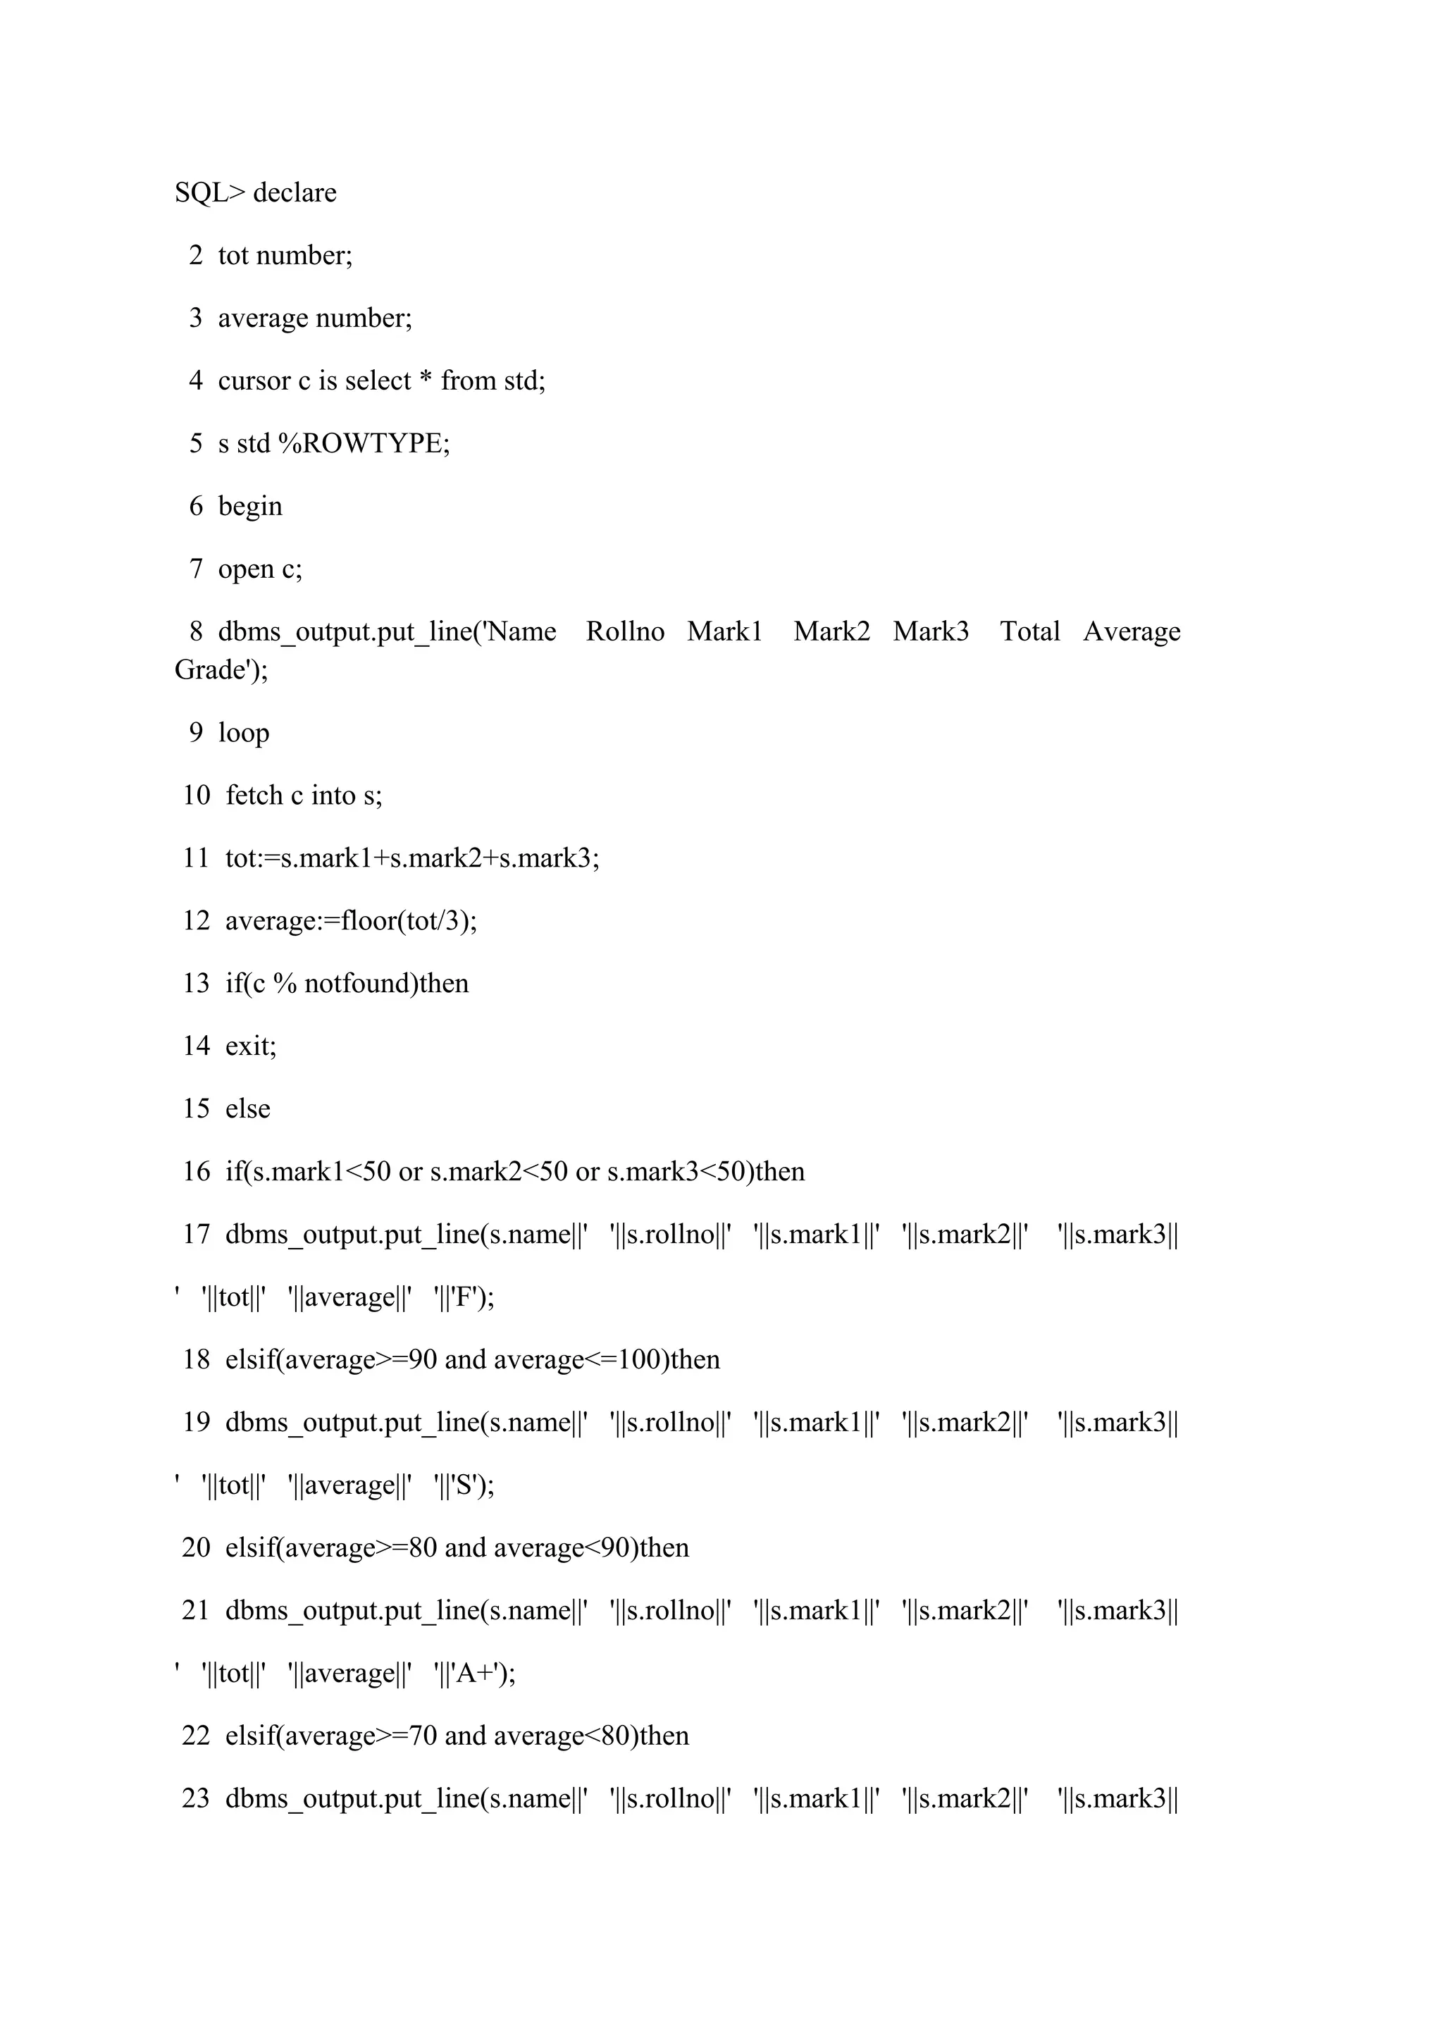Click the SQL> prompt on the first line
[x=210, y=193]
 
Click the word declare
[x=295, y=193]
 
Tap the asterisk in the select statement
[x=426, y=381]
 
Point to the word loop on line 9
[x=244, y=733]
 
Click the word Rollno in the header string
[x=625, y=631]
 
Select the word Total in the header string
[x=1030, y=631]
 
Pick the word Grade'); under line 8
[x=221, y=670]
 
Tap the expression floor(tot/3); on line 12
[x=418, y=920]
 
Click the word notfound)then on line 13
[x=387, y=984]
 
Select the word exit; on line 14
[x=251, y=1046]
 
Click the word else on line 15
[x=248, y=1109]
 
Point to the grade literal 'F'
[x=469, y=1298]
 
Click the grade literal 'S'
[x=469, y=1486]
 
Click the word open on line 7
[x=246, y=569]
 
